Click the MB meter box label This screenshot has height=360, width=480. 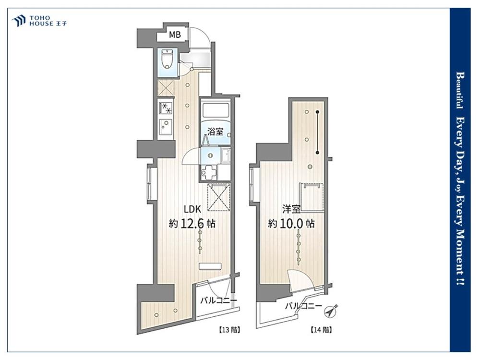coord(175,35)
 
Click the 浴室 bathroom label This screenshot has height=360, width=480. coord(215,132)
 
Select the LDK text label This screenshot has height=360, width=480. coord(192,209)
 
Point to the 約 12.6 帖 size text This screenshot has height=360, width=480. coord(192,224)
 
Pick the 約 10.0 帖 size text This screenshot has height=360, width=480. coord(291,224)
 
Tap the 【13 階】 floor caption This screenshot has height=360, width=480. coord(229,330)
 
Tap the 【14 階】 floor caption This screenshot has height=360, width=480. coord(322,330)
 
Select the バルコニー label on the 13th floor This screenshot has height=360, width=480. coord(218,300)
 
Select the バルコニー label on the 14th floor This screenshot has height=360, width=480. coord(303,305)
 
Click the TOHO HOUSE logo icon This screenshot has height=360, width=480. coord(19,21)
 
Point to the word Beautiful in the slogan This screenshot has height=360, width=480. coord(460,90)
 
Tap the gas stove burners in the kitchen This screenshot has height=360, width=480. coord(166,108)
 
